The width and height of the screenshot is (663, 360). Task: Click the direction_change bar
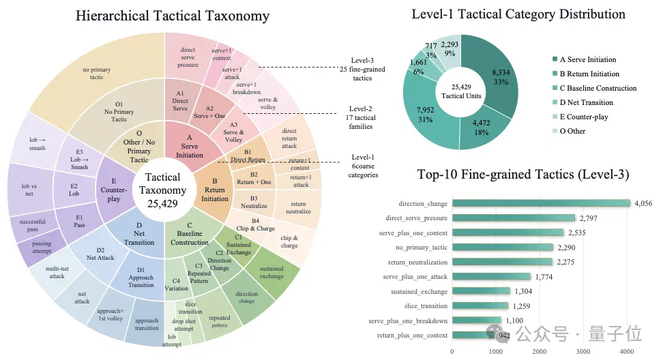[x=541, y=203]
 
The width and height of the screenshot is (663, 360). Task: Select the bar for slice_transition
[x=480, y=305]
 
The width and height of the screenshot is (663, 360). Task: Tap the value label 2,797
[x=588, y=218]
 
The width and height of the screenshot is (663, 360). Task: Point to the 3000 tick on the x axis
[x=583, y=352]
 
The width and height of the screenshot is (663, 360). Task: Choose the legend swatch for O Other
[x=555, y=131]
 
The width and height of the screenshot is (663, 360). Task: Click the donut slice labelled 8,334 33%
[x=495, y=76]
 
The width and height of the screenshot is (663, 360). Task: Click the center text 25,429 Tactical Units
[x=461, y=91]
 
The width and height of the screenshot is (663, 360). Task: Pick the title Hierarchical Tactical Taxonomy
[x=173, y=16]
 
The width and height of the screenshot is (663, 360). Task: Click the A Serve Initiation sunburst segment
[x=190, y=146]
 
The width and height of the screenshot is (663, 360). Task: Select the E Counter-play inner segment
[x=113, y=190]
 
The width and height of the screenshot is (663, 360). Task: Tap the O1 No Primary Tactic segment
[x=119, y=112]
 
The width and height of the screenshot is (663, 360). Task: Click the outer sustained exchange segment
[x=271, y=273]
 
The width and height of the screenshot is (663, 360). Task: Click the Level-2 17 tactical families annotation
[x=360, y=117]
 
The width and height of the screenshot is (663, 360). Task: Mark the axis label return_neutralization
[x=417, y=262]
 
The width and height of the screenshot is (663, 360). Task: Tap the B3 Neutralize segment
[x=254, y=202]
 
